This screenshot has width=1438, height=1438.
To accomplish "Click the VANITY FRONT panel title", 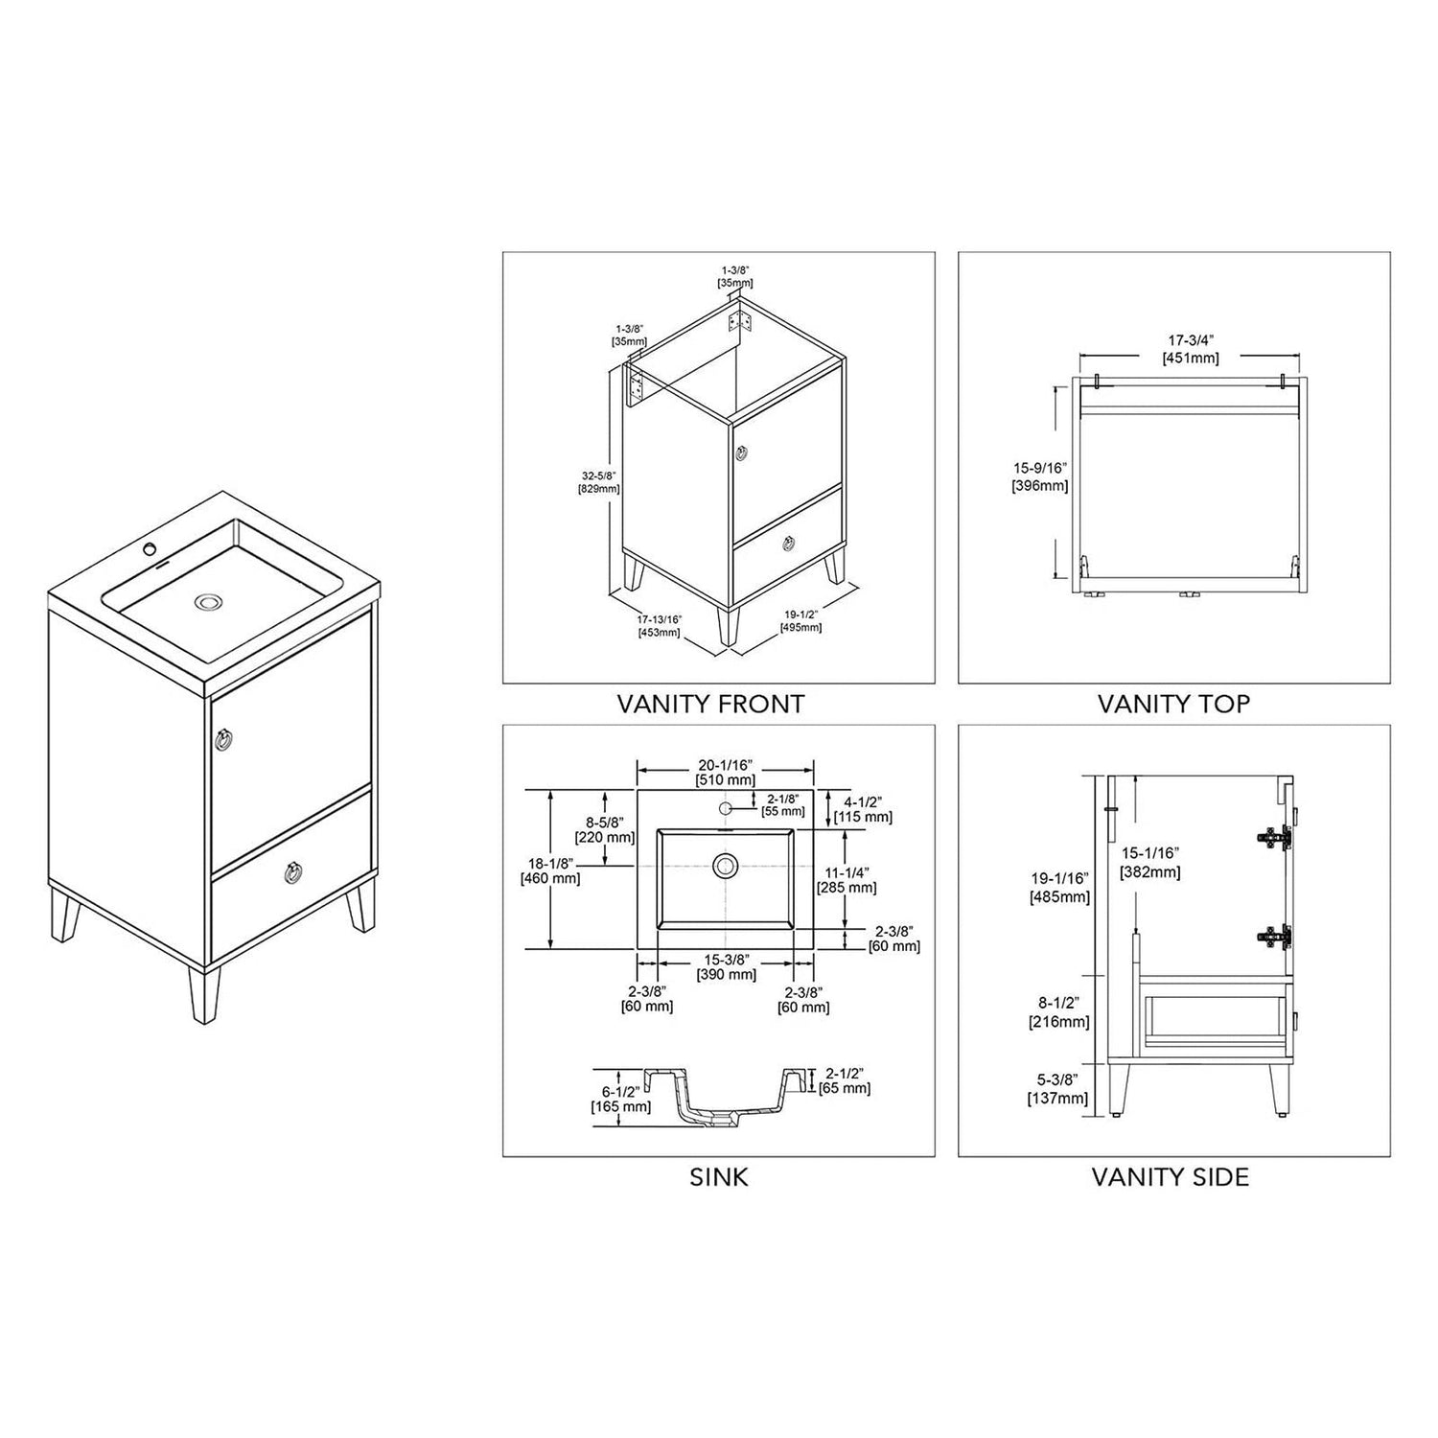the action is coord(710,705).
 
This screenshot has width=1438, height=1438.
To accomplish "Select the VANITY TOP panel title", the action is coord(1173,705).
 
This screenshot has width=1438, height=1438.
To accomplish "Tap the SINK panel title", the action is coord(719,1177).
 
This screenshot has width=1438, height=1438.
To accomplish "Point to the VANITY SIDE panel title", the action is coord(1171,1177).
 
